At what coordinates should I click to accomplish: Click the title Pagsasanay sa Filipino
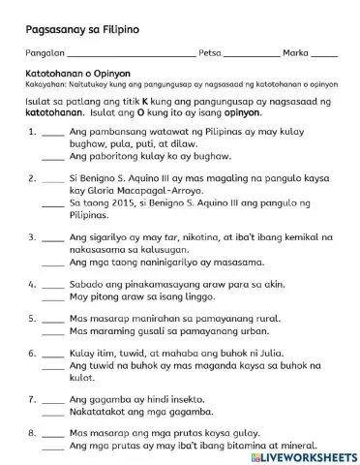83,30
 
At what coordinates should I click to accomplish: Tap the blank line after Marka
325,56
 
